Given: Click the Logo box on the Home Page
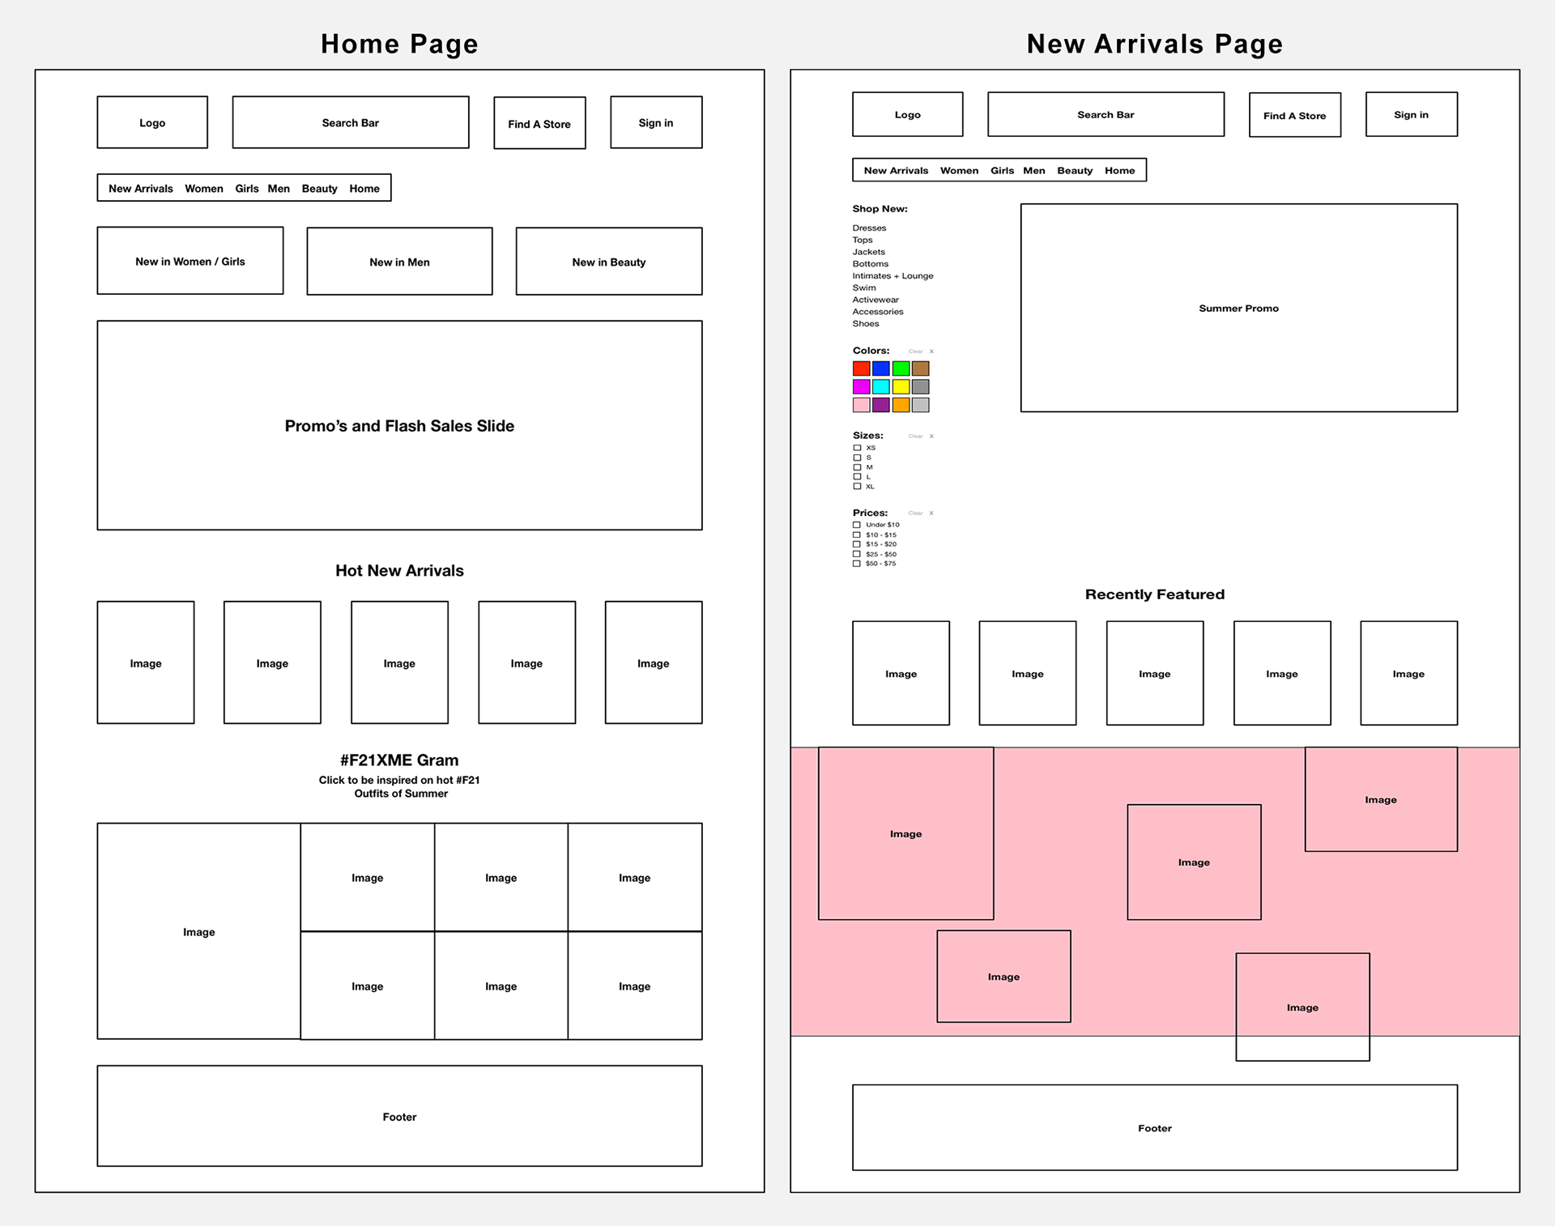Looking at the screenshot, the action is coord(152,123).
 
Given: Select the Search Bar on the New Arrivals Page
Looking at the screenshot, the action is coord(1106,115).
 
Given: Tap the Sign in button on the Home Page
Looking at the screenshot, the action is coord(656,123).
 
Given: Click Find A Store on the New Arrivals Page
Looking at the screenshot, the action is coord(1294,116).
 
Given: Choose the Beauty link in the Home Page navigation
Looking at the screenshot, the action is coord(319,189).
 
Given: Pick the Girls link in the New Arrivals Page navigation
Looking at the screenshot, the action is coord(1002,171).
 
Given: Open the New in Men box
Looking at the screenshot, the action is coord(399,262).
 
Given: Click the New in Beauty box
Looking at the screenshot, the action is coord(608,262).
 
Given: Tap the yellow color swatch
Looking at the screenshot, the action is coord(901,387).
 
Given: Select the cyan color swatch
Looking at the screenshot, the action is coord(881,387).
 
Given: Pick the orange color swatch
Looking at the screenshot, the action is coord(901,405).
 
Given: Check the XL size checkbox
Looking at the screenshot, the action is coord(857,487).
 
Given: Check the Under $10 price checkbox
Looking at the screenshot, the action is coord(857,525).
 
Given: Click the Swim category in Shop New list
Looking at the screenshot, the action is coord(864,287).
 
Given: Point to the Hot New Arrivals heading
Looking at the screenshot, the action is coord(399,571).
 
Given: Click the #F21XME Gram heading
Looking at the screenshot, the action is coord(399,760).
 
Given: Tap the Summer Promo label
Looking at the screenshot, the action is coord(1238,309).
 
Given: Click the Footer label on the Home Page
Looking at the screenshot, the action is coord(399,1117).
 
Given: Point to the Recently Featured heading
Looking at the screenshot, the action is coord(1154,594).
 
